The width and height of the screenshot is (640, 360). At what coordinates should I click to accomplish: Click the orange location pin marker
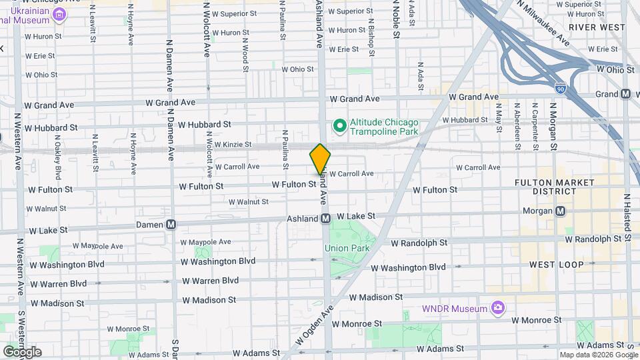(x=320, y=159)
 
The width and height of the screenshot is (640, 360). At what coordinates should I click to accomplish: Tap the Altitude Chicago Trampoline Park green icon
(x=339, y=125)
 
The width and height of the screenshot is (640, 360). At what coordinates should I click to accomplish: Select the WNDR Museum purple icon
(x=497, y=308)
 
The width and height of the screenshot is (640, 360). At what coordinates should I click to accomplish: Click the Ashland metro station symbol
(x=326, y=218)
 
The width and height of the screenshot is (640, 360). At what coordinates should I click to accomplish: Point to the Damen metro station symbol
(x=171, y=225)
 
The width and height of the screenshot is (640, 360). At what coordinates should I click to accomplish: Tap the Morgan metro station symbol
(x=561, y=211)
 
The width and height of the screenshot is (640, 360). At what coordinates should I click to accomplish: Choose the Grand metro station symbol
(x=626, y=94)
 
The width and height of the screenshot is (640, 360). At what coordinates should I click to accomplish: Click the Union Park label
(x=347, y=249)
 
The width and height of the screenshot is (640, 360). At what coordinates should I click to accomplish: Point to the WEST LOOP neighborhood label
(x=556, y=265)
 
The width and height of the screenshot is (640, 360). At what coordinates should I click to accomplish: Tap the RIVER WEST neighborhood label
(x=597, y=27)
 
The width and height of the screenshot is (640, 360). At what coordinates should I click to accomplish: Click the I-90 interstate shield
(x=560, y=87)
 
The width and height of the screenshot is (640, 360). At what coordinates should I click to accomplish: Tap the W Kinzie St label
(x=229, y=144)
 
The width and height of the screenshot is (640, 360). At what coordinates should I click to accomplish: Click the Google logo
(x=22, y=351)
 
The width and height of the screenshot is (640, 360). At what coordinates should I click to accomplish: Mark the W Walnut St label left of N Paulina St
(x=248, y=202)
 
